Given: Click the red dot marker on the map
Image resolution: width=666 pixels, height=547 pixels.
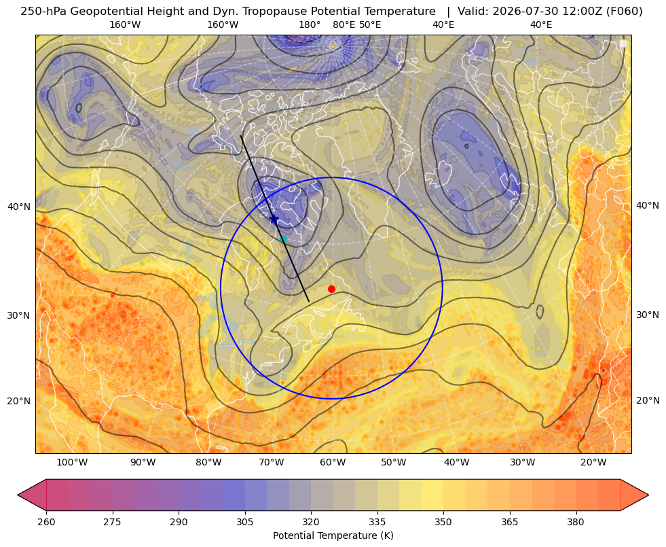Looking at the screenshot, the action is pos(332,289).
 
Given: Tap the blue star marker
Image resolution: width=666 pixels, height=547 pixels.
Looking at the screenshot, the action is pos(274,219).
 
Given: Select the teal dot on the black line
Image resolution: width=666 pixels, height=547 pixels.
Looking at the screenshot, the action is pos(283,239).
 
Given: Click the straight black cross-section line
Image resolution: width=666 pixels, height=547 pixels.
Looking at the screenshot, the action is pos(275,219).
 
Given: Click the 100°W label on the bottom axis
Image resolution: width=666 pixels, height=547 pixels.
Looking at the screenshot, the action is pos(72,463).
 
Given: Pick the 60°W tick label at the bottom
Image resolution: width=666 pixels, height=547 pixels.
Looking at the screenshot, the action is pos(333,463).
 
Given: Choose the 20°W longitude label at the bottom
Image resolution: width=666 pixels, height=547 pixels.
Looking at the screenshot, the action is pos(593,463).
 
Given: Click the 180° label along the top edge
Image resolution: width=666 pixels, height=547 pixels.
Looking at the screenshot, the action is pos(310,24).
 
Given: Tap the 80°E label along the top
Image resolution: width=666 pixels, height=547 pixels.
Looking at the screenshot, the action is pos(344,24).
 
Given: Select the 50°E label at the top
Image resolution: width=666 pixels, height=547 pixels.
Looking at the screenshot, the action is pos(370,24).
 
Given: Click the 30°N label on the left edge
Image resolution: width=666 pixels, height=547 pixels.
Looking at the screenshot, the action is pos(19,315).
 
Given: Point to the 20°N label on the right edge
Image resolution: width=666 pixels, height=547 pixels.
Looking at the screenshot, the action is pos(648,400).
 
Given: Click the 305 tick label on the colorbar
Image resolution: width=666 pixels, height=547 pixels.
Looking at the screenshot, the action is pos(244,522).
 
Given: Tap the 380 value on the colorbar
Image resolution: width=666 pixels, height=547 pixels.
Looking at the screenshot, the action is pos(576,522).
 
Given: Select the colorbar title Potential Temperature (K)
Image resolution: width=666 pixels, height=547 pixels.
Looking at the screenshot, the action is pos(333,535).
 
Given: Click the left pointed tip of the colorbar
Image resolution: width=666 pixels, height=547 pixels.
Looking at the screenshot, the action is pos(18,495).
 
